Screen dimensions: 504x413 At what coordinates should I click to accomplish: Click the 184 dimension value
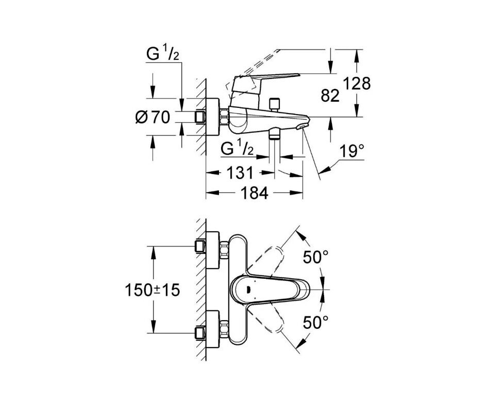point(254,193)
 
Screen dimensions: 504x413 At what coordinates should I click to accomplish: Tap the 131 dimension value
point(240,173)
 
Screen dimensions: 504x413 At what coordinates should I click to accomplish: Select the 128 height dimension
point(357,83)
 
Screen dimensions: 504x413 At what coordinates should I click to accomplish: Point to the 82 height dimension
point(330,96)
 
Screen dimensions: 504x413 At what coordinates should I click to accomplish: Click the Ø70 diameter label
point(153,117)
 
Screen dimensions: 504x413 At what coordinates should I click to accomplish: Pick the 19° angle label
point(352,151)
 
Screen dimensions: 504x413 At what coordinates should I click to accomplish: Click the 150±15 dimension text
point(152,291)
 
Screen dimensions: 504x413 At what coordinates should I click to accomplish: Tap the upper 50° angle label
point(315,257)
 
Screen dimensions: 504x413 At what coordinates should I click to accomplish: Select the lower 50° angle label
point(315,323)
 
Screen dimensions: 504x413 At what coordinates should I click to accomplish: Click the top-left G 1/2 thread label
point(163,54)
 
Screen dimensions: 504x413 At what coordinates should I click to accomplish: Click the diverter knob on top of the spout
point(275,104)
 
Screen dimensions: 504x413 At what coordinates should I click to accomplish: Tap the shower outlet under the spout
point(274,133)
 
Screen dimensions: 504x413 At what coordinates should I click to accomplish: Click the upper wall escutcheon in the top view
point(212,250)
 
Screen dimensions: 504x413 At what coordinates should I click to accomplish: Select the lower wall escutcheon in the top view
point(212,330)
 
